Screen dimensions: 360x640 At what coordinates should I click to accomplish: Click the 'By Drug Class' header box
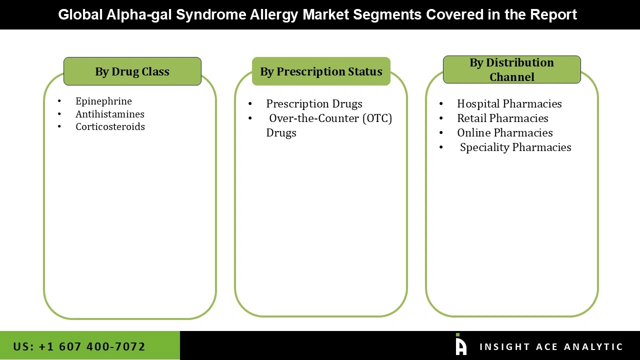click(132, 71)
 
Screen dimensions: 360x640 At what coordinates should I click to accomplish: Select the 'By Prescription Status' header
click(321, 71)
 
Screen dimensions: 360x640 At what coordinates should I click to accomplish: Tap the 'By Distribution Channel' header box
click(511, 69)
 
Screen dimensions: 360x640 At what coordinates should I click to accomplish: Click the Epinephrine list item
click(103, 101)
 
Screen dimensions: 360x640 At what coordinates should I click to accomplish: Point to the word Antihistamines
click(110, 114)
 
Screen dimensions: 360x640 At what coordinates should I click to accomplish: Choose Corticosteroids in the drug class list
click(110, 126)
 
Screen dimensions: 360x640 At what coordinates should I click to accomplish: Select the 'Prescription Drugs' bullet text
click(314, 103)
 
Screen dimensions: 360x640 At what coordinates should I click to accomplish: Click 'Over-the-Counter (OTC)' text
click(330, 118)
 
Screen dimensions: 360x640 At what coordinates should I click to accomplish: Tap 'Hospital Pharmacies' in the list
click(509, 103)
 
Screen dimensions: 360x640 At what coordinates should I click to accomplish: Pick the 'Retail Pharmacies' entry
click(502, 118)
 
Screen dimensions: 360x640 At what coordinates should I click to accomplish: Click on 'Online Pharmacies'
click(504, 132)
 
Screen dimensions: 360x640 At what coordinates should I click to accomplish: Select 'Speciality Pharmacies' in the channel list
click(515, 147)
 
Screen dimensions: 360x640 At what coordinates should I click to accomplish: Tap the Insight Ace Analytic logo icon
click(461, 345)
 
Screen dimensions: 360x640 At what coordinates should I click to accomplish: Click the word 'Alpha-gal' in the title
click(139, 14)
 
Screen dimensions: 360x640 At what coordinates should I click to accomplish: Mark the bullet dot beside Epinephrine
click(59, 101)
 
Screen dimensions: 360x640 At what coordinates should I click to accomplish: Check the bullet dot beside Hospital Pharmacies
click(441, 104)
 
